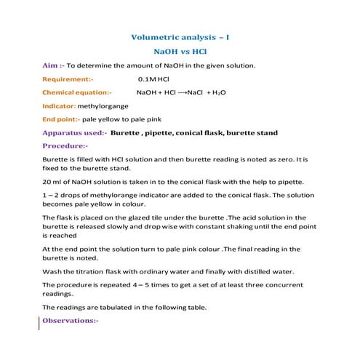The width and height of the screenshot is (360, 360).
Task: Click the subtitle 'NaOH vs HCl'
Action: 180,52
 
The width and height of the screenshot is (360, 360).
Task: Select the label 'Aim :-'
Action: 54,65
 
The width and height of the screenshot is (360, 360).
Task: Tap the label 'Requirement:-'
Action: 68,79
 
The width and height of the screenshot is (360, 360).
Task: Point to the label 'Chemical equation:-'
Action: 77,93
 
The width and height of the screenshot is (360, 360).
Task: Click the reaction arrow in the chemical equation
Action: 182,93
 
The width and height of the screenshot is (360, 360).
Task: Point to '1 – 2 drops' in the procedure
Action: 63,196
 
